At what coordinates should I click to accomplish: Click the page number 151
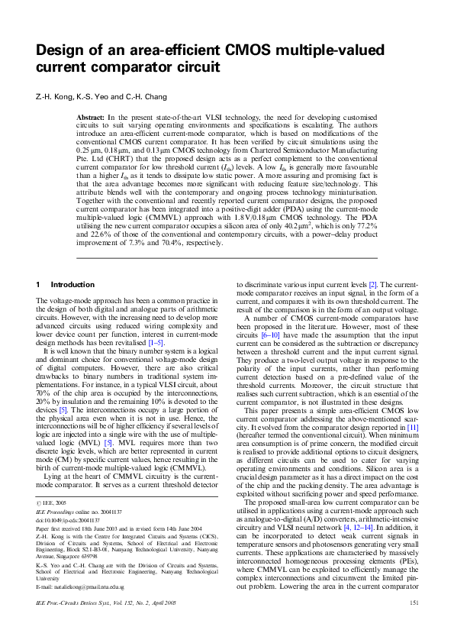415,625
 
